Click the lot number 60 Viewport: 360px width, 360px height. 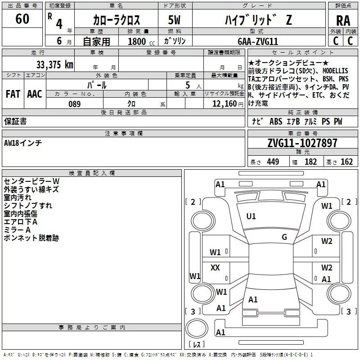(x=22, y=19)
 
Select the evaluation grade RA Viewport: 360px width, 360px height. (x=343, y=21)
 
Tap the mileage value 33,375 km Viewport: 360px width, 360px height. (x=54, y=64)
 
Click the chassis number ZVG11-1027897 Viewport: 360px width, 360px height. (x=302, y=144)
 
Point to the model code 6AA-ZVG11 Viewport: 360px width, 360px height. (x=258, y=41)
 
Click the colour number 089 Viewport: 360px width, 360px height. (x=74, y=104)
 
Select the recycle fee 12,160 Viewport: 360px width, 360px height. (x=224, y=104)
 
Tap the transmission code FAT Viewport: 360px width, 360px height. (x=13, y=94)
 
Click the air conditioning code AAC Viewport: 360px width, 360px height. (x=34, y=94)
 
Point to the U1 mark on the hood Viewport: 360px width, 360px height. (x=251, y=216)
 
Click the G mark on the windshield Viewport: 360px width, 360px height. (x=284, y=237)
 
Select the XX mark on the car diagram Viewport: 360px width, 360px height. (x=215, y=268)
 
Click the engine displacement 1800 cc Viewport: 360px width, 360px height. (x=139, y=41)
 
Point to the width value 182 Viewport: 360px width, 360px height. (x=310, y=162)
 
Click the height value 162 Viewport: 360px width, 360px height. (x=346, y=162)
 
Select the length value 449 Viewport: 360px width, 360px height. (x=273, y=162)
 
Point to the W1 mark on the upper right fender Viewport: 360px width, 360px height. (x=327, y=206)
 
